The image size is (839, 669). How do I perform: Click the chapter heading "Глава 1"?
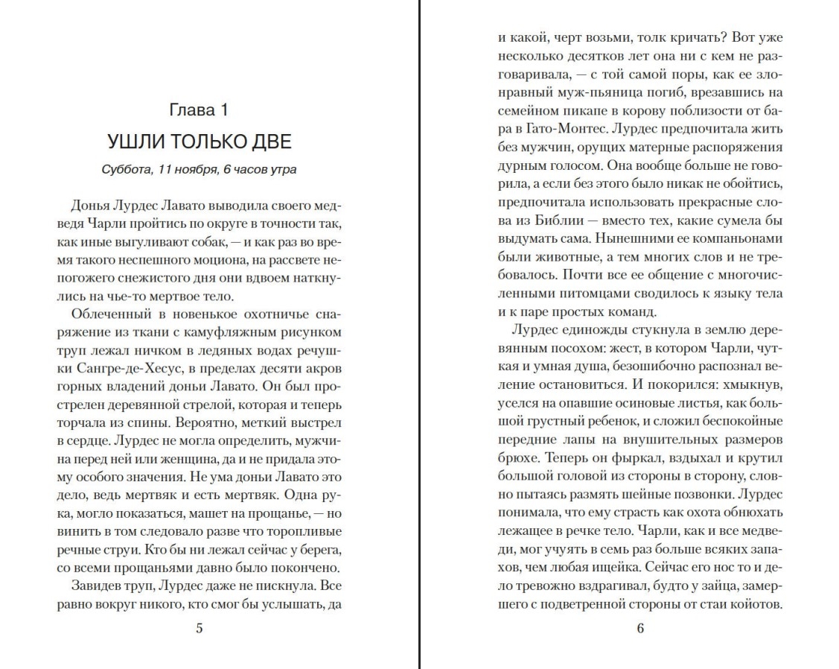[198, 111]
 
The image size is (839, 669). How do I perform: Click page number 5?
[198, 627]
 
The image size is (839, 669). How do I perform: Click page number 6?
[640, 627]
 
